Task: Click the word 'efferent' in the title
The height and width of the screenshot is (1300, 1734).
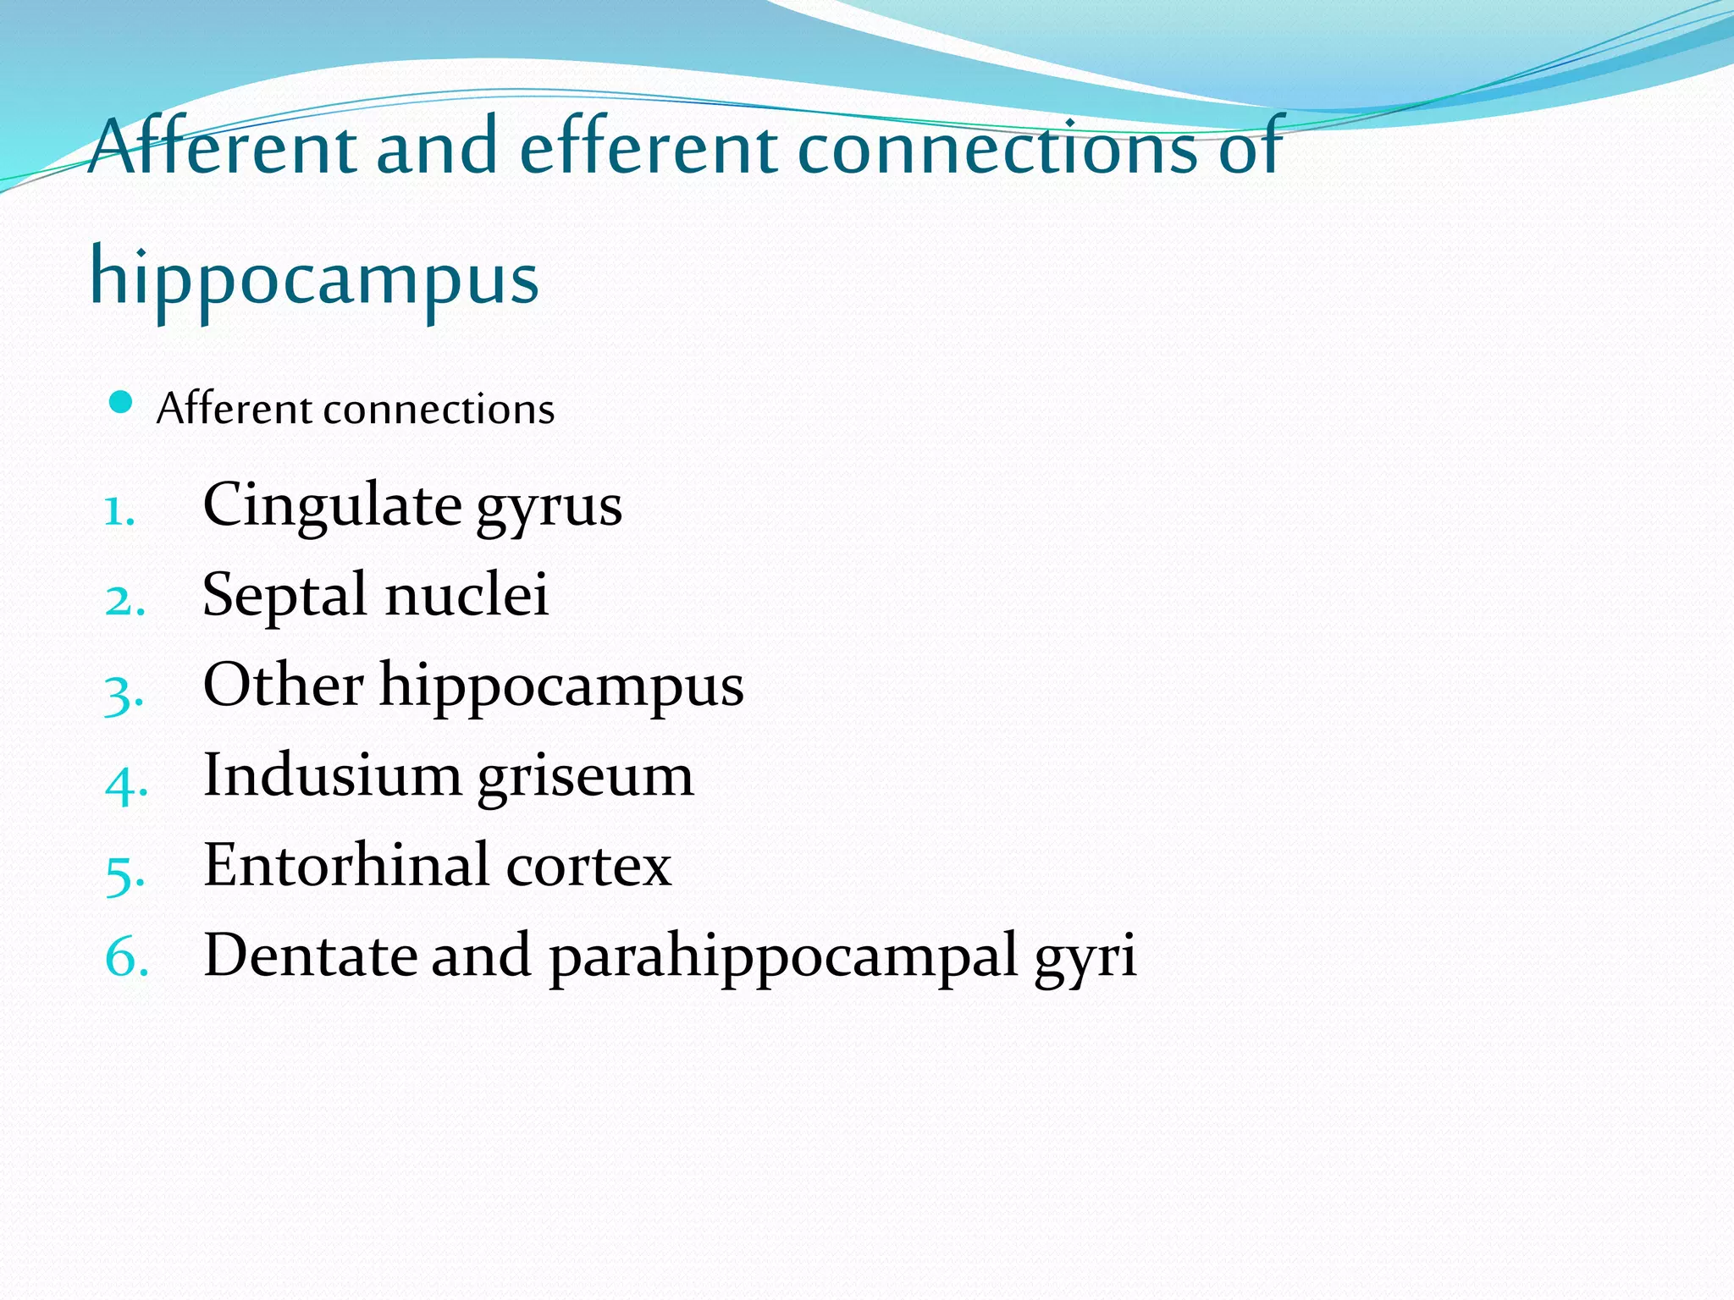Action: tap(648, 147)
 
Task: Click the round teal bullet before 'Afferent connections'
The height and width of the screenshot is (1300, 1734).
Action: tap(122, 402)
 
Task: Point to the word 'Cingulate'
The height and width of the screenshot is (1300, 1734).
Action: tap(332, 504)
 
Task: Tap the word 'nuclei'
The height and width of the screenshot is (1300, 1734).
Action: tap(467, 594)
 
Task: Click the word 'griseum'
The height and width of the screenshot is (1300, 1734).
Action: tap(586, 777)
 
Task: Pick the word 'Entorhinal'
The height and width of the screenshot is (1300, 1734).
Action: tap(346, 865)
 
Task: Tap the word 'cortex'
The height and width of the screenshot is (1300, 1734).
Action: tap(589, 867)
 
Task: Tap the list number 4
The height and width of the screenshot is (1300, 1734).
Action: tap(125, 784)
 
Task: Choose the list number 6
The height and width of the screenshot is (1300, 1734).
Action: tap(126, 958)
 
